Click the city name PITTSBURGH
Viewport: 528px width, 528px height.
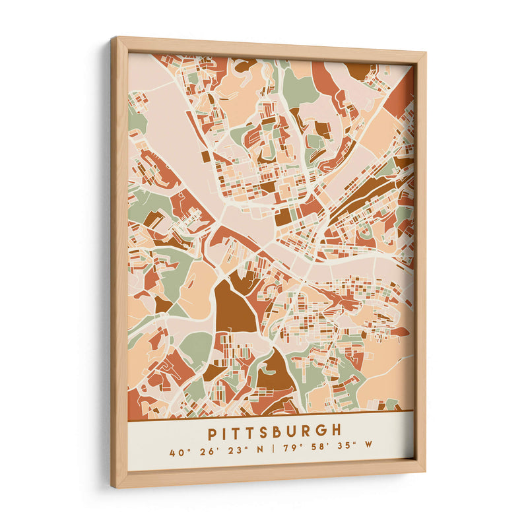point(275,432)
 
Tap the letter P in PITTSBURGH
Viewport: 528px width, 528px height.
point(213,434)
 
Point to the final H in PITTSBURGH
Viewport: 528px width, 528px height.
point(337,430)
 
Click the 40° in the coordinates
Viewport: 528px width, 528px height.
point(176,453)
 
